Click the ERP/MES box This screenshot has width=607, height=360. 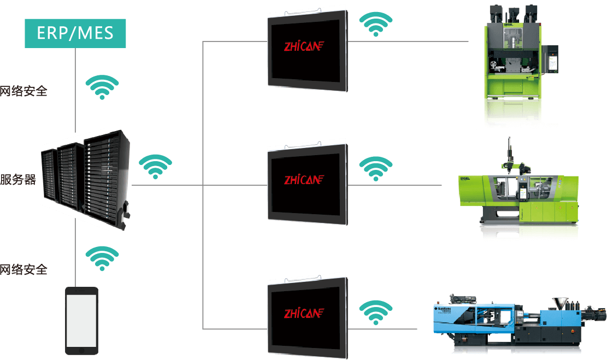click(75, 33)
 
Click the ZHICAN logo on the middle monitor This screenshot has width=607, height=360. click(304, 179)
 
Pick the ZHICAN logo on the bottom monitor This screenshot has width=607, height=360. click(304, 313)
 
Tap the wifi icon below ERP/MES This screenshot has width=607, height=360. click(102, 87)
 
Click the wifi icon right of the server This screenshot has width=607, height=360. click(155, 167)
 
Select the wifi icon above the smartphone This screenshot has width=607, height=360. click(102, 258)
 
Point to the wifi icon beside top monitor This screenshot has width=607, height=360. click(375, 25)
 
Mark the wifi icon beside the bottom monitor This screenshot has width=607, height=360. click(375, 312)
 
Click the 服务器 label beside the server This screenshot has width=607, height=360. click(18, 180)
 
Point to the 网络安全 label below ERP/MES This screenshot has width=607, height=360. click(23, 91)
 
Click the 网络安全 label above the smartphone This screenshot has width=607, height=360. click(23, 269)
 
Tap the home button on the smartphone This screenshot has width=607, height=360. click(81, 350)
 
